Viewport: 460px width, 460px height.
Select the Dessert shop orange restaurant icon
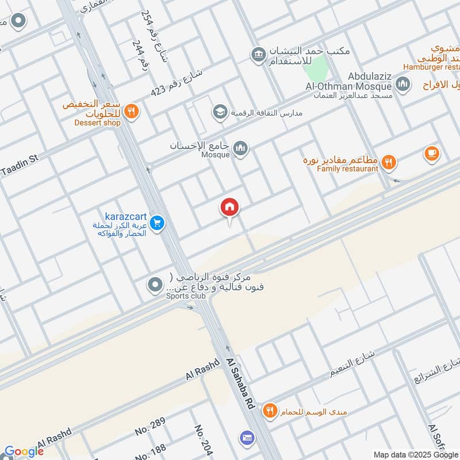click(132, 111)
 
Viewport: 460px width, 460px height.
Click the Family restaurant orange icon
click(389, 163)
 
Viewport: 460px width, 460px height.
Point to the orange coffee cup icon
click(431, 153)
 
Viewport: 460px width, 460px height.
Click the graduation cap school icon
click(218, 112)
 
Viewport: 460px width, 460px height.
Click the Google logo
click(24, 451)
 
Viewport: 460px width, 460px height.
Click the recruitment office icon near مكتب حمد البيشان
click(256, 55)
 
